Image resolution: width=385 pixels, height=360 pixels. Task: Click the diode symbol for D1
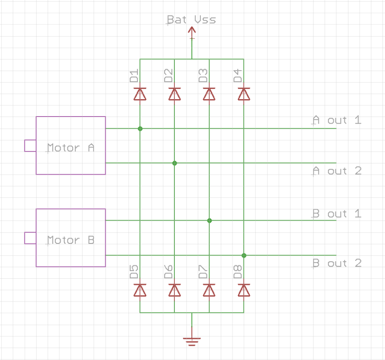pos(140,94)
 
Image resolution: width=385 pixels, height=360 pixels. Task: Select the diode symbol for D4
pos(244,94)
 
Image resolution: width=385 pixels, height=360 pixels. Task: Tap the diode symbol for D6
pos(174,291)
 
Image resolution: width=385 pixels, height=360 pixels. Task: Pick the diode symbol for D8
pos(244,291)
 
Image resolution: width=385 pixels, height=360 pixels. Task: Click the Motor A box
pos(70,145)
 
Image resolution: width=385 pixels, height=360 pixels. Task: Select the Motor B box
pos(70,238)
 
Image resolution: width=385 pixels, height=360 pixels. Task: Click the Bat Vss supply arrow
pos(192,32)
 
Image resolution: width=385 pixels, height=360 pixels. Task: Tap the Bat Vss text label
pos(191,20)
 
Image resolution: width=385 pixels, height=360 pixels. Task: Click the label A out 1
pos(336,120)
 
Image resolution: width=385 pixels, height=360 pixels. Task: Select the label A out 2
pos(336,171)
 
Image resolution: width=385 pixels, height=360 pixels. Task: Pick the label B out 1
pos(336,214)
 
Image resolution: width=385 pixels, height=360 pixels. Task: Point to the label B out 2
pos(336,263)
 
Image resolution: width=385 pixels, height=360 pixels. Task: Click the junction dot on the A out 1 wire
pos(140,129)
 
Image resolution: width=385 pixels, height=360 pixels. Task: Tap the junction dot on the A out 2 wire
pos(174,163)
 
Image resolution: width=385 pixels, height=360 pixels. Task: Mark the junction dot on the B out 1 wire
pos(209,221)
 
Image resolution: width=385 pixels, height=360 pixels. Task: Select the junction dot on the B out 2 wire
pos(244,255)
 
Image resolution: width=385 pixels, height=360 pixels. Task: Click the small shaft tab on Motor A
pos(30,146)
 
